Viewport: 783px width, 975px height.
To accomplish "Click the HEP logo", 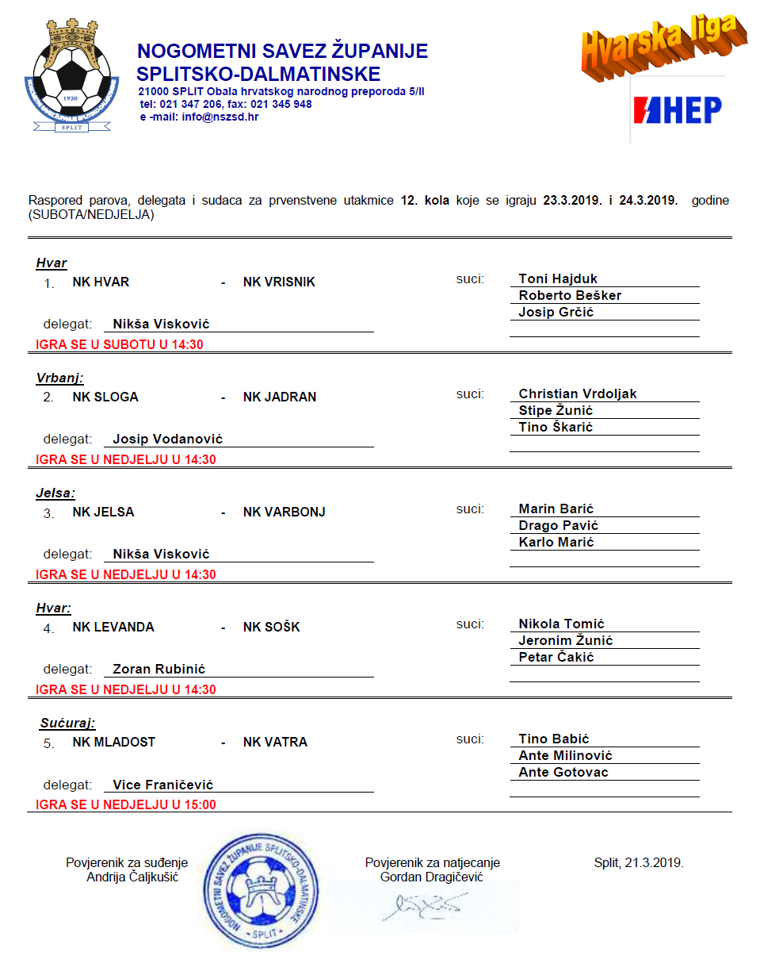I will [677, 110].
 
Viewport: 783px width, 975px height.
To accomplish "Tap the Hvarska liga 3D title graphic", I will [663, 47].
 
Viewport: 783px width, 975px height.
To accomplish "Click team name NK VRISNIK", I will [279, 282].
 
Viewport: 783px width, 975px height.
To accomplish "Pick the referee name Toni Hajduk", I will [558, 278].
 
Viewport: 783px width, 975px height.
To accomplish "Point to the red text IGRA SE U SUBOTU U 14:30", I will [126, 344].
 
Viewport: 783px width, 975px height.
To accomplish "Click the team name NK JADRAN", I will [279, 397].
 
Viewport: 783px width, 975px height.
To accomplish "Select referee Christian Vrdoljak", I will [578, 393].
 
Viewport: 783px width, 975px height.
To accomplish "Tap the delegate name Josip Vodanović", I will [168, 439].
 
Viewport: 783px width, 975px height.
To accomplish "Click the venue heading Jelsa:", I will [55, 493].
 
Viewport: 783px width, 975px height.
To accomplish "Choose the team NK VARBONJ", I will [284, 512].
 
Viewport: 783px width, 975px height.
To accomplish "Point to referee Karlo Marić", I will [556, 542].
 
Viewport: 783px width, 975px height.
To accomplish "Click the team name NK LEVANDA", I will [113, 628].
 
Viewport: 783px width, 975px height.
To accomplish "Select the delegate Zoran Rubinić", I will [159, 669].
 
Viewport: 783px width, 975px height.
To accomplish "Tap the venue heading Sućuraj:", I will [67, 723].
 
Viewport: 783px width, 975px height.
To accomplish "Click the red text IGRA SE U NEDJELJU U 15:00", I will [126, 804].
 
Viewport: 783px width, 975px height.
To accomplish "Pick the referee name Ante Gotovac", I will [563, 772].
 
